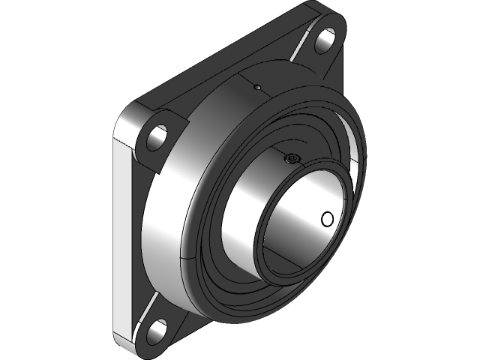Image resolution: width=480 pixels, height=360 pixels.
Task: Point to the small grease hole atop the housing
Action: pyautogui.click(x=256, y=87)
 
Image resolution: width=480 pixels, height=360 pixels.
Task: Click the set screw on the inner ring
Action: pyautogui.click(x=292, y=158)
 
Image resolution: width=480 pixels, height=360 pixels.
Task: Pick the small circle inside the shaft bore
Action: pyautogui.click(x=327, y=219)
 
